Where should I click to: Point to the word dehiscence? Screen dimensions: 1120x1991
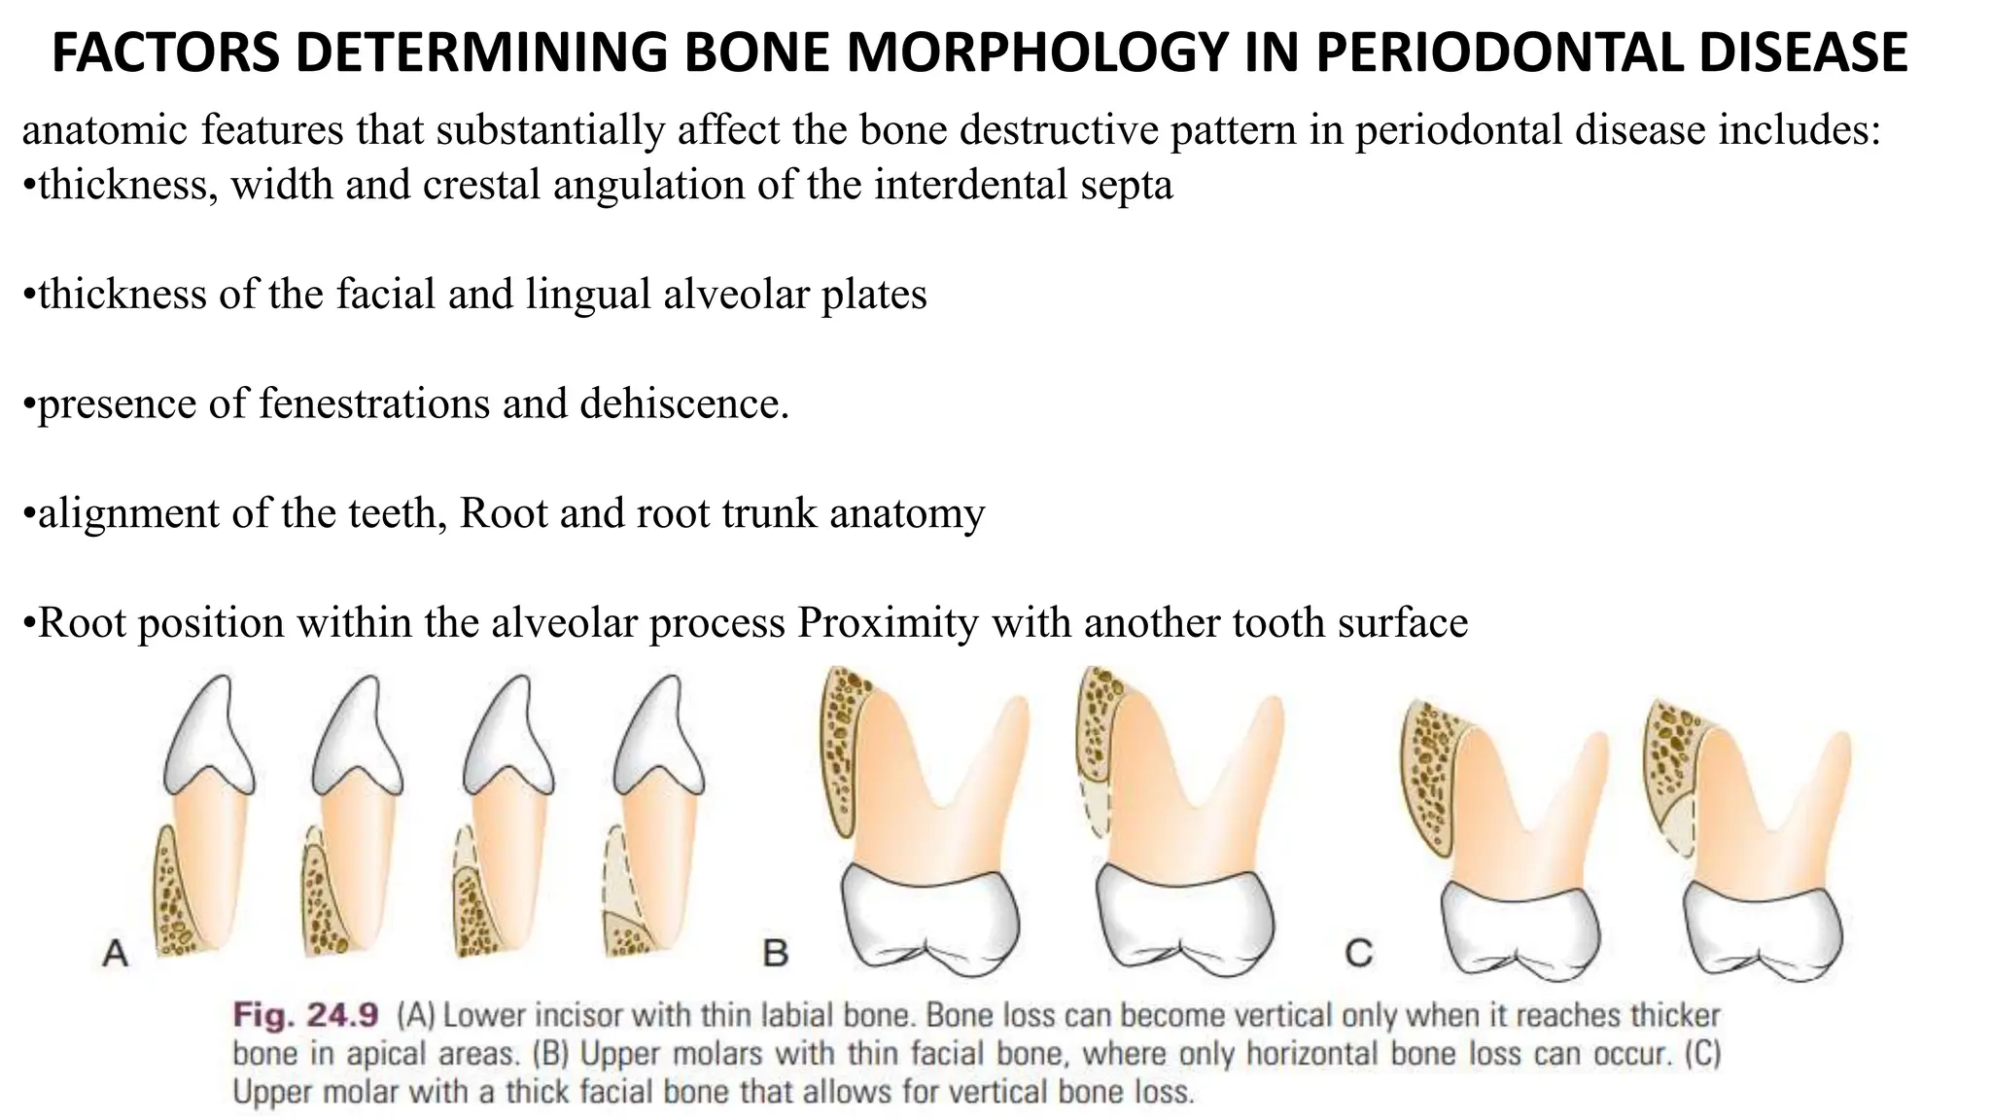[x=683, y=403]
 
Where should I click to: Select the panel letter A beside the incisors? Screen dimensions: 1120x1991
[x=115, y=953]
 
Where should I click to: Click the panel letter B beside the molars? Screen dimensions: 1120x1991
[x=775, y=953]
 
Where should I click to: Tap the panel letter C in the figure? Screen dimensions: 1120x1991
[x=1358, y=953]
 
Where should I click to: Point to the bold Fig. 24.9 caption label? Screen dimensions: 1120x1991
[x=304, y=1016]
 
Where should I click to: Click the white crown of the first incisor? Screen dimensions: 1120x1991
[x=207, y=739]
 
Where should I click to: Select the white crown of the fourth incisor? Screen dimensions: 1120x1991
[x=661, y=739]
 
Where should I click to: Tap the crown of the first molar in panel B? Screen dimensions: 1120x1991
[x=928, y=914]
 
